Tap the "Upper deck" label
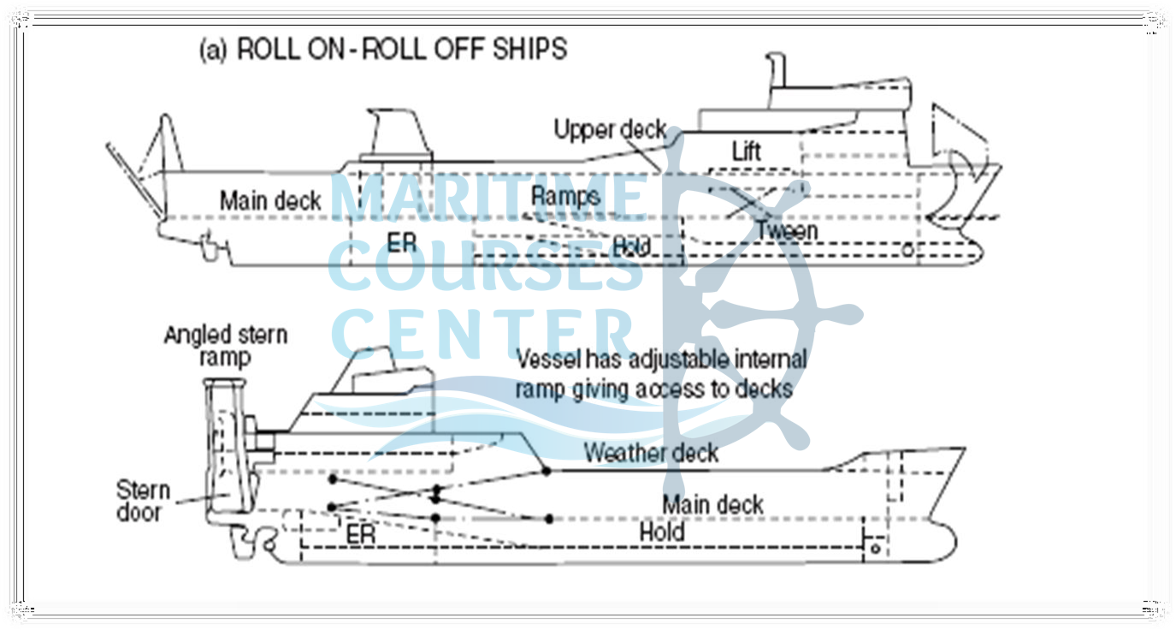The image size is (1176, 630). (610, 131)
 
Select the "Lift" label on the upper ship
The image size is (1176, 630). (746, 152)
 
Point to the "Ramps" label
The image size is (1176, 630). (565, 196)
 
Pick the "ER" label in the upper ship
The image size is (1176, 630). (402, 243)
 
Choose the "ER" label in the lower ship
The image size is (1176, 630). (361, 533)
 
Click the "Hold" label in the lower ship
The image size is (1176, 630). (662, 532)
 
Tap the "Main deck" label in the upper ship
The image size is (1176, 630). (270, 201)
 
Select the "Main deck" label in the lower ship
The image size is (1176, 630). (712, 504)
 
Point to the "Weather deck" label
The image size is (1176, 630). (651, 452)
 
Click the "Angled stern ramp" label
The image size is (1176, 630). (226, 344)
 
